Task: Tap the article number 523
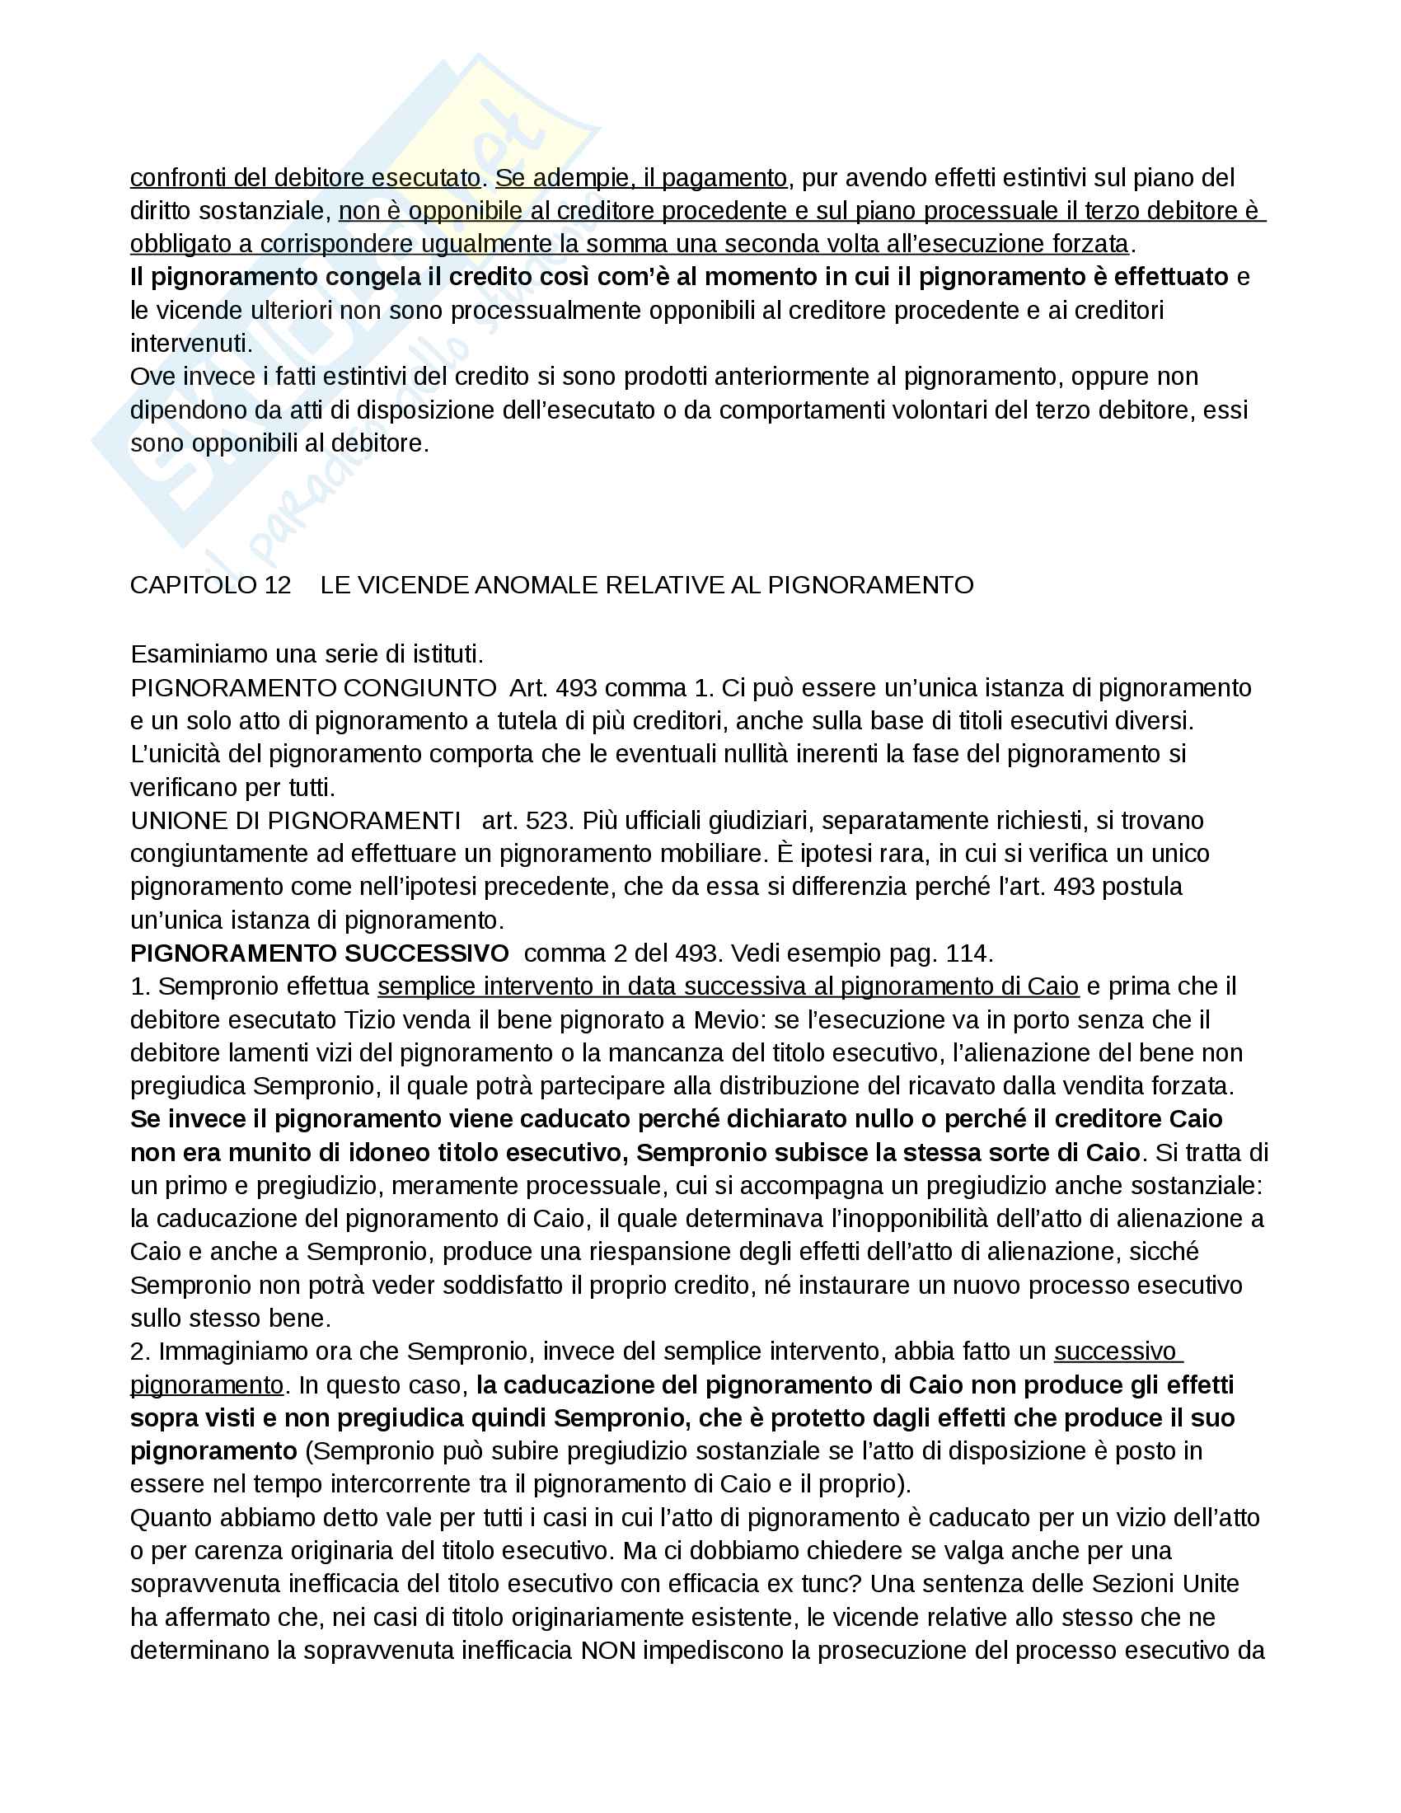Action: [551, 820]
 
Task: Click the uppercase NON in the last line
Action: [607, 1651]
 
